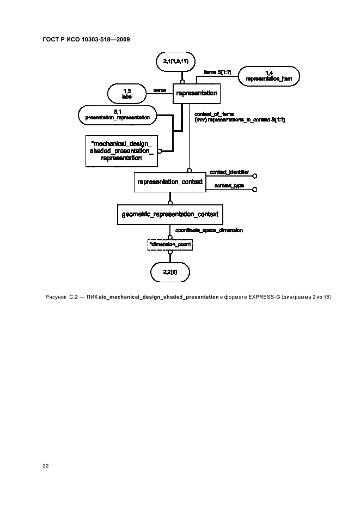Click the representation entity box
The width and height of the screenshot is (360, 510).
[197, 94]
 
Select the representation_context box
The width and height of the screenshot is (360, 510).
[170, 182]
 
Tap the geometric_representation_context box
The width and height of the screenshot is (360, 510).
[170, 215]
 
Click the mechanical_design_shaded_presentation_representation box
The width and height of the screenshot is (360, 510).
[121, 150]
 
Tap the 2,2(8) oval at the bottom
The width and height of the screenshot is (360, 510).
[170, 271]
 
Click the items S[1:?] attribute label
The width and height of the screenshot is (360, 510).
[217, 71]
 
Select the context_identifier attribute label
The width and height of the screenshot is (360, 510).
[229, 172]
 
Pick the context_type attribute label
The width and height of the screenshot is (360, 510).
[229, 186]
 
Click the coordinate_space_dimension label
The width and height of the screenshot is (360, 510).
[209, 230]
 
